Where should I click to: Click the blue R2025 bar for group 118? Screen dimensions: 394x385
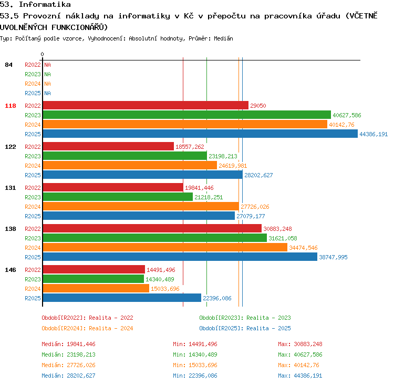click(200, 134)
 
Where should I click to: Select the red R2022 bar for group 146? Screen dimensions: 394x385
click(94, 269)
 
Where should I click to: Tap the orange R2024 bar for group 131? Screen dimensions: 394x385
click(141, 206)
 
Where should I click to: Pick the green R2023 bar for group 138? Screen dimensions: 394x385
click(155, 238)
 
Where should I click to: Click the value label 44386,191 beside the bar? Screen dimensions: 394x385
click(374, 134)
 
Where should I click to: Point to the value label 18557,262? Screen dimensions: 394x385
click(190, 147)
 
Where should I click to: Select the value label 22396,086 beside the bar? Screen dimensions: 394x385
click(217, 298)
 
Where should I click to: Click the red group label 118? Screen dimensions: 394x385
click(11, 106)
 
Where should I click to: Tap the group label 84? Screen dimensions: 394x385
click(8, 65)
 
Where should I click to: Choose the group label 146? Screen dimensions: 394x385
click(11, 270)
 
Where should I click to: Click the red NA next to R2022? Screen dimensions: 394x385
click(47, 65)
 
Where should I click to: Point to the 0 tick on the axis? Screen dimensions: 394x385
click(42, 54)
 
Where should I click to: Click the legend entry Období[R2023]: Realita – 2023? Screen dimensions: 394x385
click(245, 318)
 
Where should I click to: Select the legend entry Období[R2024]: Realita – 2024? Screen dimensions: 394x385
click(87, 328)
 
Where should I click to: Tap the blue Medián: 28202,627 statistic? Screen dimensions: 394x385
click(68, 376)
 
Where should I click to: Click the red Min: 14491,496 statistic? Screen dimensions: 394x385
click(195, 344)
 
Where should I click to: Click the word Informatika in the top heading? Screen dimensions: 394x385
click(45, 4)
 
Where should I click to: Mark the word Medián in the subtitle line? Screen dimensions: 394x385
click(223, 38)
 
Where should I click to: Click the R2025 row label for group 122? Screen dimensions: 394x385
click(33, 175)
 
